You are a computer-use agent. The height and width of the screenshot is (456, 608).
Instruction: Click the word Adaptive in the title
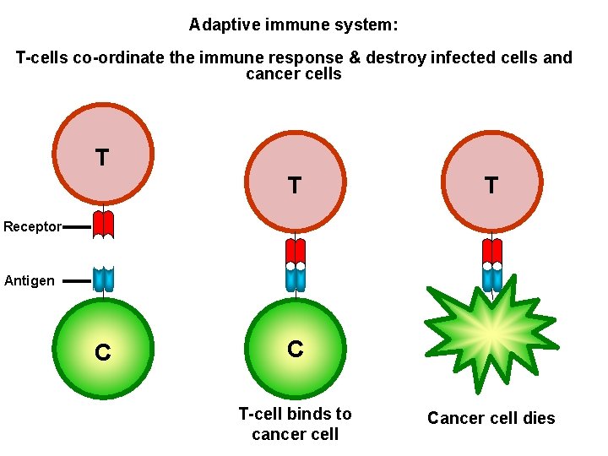coord(220,24)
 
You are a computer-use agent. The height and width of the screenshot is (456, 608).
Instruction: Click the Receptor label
coord(32,226)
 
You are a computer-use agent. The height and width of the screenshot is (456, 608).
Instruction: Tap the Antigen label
coord(30,280)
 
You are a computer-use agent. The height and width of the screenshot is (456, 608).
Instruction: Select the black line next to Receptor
coord(76,226)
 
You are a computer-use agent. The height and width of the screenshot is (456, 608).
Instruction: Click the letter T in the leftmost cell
coord(102,157)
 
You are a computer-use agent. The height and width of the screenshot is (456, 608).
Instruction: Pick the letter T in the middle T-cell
coord(294,185)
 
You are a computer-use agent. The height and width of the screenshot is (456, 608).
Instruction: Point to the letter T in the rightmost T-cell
coord(491,185)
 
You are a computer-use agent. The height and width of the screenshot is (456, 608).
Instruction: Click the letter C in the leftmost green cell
coord(102,352)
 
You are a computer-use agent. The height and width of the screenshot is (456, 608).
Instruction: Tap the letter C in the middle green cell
coord(295,348)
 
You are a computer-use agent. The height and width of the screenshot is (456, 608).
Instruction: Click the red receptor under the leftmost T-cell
coord(103,224)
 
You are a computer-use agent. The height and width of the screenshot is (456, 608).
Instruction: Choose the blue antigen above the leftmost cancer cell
coord(103,279)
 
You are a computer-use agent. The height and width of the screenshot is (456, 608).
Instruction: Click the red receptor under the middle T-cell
coord(295,250)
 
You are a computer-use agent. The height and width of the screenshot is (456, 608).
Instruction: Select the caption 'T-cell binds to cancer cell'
coord(295,424)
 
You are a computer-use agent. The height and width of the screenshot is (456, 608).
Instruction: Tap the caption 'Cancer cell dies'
coord(491,418)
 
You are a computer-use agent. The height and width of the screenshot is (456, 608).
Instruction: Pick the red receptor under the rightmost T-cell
coord(491,250)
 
